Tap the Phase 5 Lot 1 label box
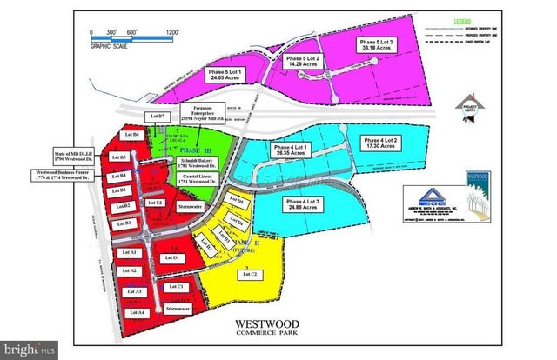[222, 75]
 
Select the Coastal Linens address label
[204, 184]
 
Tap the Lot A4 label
[134, 312]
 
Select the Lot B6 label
[131, 136]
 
